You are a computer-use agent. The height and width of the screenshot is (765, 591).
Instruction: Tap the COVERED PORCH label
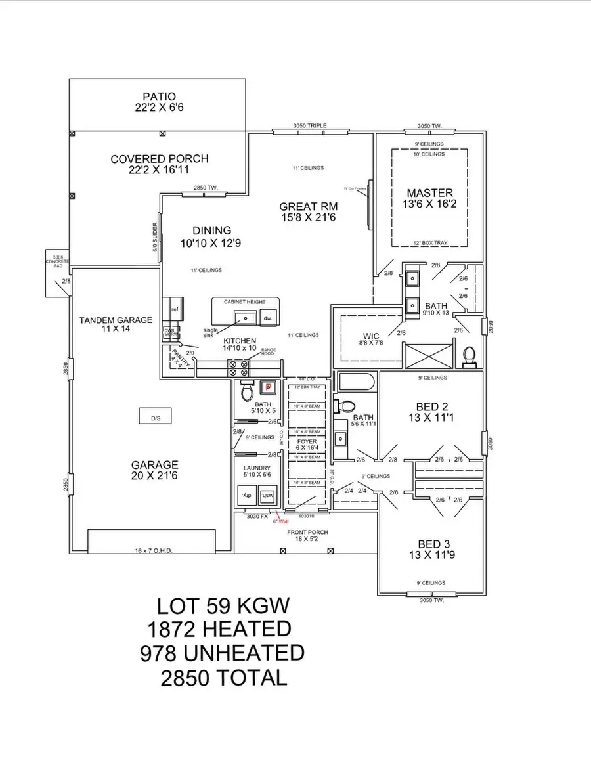click(x=159, y=159)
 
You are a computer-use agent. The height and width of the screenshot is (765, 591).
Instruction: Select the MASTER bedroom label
click(x=429, y=193)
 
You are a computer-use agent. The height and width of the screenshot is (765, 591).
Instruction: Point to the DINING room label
click(x=211, y=230)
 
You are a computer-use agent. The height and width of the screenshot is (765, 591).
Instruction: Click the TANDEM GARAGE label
click(x=116, y=320)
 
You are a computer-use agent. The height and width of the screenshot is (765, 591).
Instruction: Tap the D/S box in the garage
click(x=155, y=417)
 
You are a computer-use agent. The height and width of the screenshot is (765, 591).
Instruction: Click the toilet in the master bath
click(x=469, y=355)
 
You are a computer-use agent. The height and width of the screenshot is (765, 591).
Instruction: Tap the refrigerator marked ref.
click(x=175, y=309)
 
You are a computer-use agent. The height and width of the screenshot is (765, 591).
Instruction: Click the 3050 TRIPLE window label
click(x=309, y=126)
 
